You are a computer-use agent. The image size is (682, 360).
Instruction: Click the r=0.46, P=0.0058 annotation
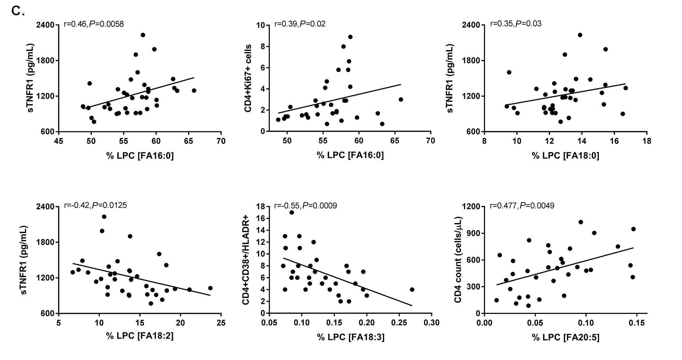94,24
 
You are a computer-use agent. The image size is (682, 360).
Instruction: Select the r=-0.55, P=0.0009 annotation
305,206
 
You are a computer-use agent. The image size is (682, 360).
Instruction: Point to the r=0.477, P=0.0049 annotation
522,206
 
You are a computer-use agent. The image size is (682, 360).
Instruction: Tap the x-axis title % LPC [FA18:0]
566,155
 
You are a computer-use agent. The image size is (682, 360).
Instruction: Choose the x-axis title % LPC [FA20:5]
566,337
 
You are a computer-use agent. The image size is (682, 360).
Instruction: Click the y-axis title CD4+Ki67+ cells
248,78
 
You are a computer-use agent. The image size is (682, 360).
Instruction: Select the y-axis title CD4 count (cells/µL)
458,259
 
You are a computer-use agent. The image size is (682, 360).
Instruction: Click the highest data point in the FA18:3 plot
292,213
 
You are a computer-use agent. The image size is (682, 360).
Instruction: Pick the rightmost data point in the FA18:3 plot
412,290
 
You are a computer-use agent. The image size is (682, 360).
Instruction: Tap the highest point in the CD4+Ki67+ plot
350,37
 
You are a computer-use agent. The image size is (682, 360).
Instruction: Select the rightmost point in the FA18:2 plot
210,288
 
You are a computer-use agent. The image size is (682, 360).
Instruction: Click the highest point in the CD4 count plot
581,222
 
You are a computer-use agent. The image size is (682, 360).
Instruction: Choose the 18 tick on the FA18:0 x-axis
647,142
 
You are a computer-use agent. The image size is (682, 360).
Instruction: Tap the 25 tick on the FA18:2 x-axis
221,323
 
